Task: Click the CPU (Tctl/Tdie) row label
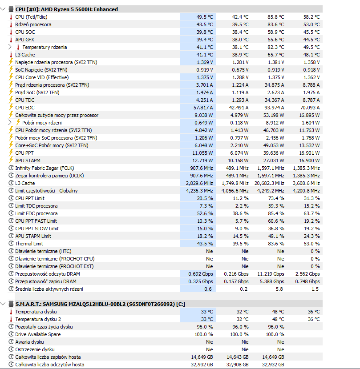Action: pyautogui.click(x=31, y=17)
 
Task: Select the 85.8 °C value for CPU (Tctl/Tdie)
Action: pyautogui.click(x=275, y=17)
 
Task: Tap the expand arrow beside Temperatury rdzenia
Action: pyautogui.click(x=10, y=47)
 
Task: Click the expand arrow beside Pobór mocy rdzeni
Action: pyautogui.click(x=10, y=123)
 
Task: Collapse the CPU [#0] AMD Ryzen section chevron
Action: pyautogui.click(x=3, y=9)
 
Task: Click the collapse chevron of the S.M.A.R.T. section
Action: pyautogui.click(x=3, y=304)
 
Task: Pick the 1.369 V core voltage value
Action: pyautogui.click(x=205, y=62)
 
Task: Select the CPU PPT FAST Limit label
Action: pyautogui.click(x=36, y=221)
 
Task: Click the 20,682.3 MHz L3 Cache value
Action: pyautogui.click(x=269, y=183)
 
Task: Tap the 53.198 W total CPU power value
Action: pyautogui.click(x=274, y=115)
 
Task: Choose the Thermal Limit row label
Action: pyautogui.click(x=29, y=244)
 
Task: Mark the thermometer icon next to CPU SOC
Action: pyautogui.click(x=11, y=32)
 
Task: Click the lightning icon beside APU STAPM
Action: pyautogui.click(x=11, y=160)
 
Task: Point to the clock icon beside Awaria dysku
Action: pyautogui.click(x=11, y=342)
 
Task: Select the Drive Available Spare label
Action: pyautogui.click(x=38, y=334)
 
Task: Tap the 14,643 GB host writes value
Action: pyautogui.click(x=238, y=357)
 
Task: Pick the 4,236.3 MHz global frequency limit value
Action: pyautogui.click(x=199, y=191)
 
